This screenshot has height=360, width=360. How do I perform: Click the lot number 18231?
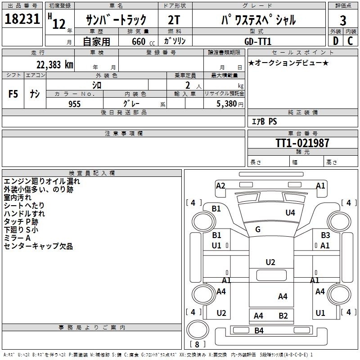tap(22, 19)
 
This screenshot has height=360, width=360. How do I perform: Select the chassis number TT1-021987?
tap(302, 143)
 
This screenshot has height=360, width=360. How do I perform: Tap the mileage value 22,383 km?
tap(54, 65)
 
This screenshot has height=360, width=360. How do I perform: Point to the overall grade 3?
tap(343, 21)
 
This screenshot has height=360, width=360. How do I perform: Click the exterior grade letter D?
tap(335, 41)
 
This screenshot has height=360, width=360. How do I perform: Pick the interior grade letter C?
tap(350, 41)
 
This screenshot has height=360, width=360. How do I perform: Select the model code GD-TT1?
tap(258, 41)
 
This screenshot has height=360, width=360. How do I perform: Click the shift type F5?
tap(13, 94)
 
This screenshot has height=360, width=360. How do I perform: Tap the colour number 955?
tap(74, 104)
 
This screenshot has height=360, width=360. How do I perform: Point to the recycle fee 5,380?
tap(226, 104)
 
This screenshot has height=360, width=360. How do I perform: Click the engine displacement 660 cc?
tap(143, 41)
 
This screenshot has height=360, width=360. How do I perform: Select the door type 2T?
tap(174, 20)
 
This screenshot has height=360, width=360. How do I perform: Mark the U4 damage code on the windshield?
tap(290, 213)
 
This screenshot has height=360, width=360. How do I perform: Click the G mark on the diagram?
tap(258, 229)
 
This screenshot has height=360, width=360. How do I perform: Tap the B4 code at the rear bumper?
tap(259, 331)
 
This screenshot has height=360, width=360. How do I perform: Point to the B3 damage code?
tap(325, 235)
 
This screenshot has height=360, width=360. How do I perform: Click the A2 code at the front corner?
tap(220, 186)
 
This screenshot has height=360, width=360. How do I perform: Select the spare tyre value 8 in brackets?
tap(197, 344)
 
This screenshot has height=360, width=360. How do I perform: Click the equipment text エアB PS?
tap(264, 121)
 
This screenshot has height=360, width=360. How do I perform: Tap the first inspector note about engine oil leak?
tap(42, 181)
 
